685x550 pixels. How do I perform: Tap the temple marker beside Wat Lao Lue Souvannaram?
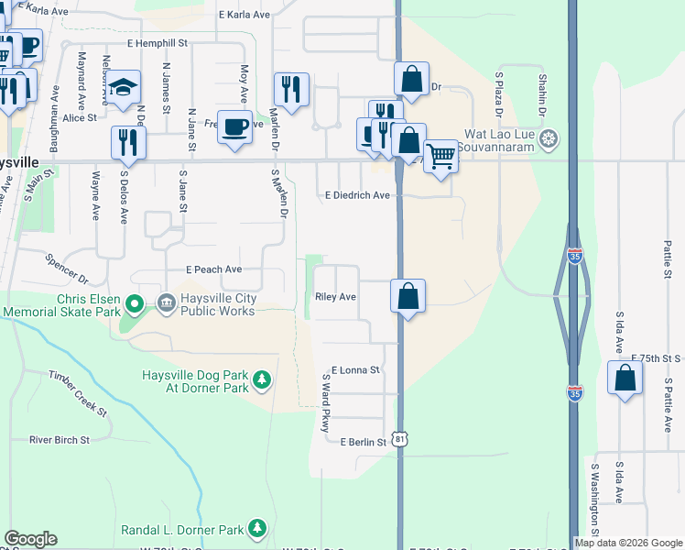coord(549,139)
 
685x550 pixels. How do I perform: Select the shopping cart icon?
coord(441,157)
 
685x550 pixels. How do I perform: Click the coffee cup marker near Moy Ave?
coord(235,126)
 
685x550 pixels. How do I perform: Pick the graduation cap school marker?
coord(123,88)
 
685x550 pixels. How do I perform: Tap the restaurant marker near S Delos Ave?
coord(127,143)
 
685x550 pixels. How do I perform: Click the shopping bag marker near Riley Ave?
coord(408,297)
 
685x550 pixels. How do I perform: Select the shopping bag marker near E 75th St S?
coord(625,379)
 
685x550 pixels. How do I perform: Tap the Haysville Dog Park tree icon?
coord(262,379)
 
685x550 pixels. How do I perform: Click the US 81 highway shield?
coord(400,440)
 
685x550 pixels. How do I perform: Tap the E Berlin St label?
coord(364,443)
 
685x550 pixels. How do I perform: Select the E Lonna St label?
coord(355,370)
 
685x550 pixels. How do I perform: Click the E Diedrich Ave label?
coord(357,195)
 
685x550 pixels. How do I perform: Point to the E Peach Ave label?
coord(213,269)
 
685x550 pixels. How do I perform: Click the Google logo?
coord(30,539)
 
